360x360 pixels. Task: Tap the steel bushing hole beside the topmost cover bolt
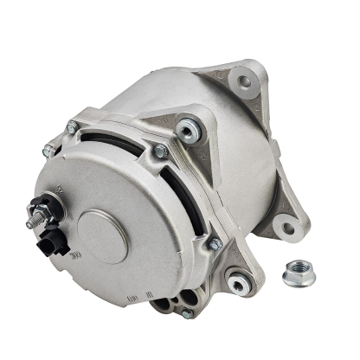tap(187, 130)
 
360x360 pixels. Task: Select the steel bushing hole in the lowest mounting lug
tap(235, 278)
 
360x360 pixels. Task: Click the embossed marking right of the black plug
tap(75, 256)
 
